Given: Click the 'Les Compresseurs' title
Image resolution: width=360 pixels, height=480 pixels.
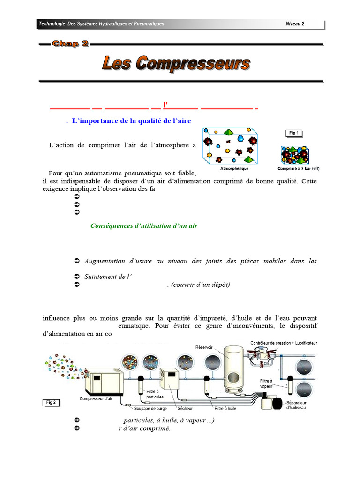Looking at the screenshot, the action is (176, 63).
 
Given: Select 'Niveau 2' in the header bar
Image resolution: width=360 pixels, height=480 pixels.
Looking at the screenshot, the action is (295, 24).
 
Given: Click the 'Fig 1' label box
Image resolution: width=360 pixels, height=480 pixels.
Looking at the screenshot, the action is (294, 133).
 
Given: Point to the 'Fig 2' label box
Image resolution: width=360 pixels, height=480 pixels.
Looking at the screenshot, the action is (51, 402).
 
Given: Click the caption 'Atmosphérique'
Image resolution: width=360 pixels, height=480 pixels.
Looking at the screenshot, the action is (234, 168).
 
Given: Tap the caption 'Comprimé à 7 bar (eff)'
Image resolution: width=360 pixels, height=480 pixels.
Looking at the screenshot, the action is (299, 168).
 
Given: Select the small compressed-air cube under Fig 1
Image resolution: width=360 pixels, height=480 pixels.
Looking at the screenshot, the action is (293, 155).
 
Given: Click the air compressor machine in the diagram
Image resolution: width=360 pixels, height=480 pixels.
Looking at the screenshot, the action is (104, 382).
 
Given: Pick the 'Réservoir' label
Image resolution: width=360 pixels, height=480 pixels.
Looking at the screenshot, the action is (204, 347).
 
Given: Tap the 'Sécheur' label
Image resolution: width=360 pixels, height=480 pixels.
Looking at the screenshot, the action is (179, 409).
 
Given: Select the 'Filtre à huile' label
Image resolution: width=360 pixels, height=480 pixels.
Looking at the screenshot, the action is (225, 409).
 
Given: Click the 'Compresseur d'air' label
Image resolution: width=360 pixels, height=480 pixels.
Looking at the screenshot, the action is (96, 399).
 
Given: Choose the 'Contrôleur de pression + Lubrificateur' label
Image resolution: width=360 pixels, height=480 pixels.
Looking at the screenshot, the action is (284, 343).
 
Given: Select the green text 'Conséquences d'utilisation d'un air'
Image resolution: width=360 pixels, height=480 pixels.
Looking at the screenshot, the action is (144, 226).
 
